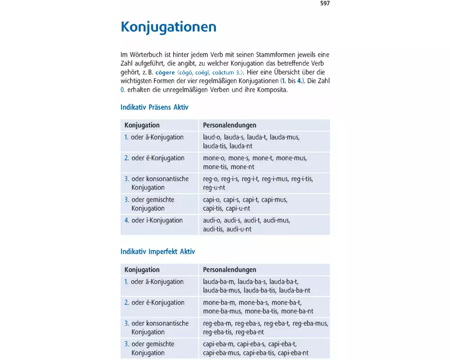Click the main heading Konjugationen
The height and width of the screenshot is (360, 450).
pyautogui.click(x=168, y=27)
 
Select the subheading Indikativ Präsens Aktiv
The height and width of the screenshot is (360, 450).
pyautogui.click(x=154, y=108)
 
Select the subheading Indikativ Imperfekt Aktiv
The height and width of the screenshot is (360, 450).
pyautogui.click(x=157, y=252)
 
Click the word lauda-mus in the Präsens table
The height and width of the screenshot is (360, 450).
pyautogui.click(x=285, y=137)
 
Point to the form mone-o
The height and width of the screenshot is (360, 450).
pyautogui.click(x=214, y=158)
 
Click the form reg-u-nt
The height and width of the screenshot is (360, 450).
pyautogui.click(x=214, y=188)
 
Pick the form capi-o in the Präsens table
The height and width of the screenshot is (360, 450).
pyautogui.click(x=211, y=199)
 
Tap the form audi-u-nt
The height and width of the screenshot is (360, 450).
pyautogui.click(x=239, y=229)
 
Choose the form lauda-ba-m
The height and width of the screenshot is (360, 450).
pyautogui.click(x=219, y=282)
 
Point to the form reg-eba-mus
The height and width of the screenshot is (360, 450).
pyautogui.click(x=310, y=323)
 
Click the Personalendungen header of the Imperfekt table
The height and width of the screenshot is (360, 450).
pyautogui.click(x=229, y=270)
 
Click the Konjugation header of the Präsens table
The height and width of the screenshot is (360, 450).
pyautogui.click(x=142, y=125)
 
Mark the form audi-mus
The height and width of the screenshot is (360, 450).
pyautogui.click(x=276, y=220)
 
